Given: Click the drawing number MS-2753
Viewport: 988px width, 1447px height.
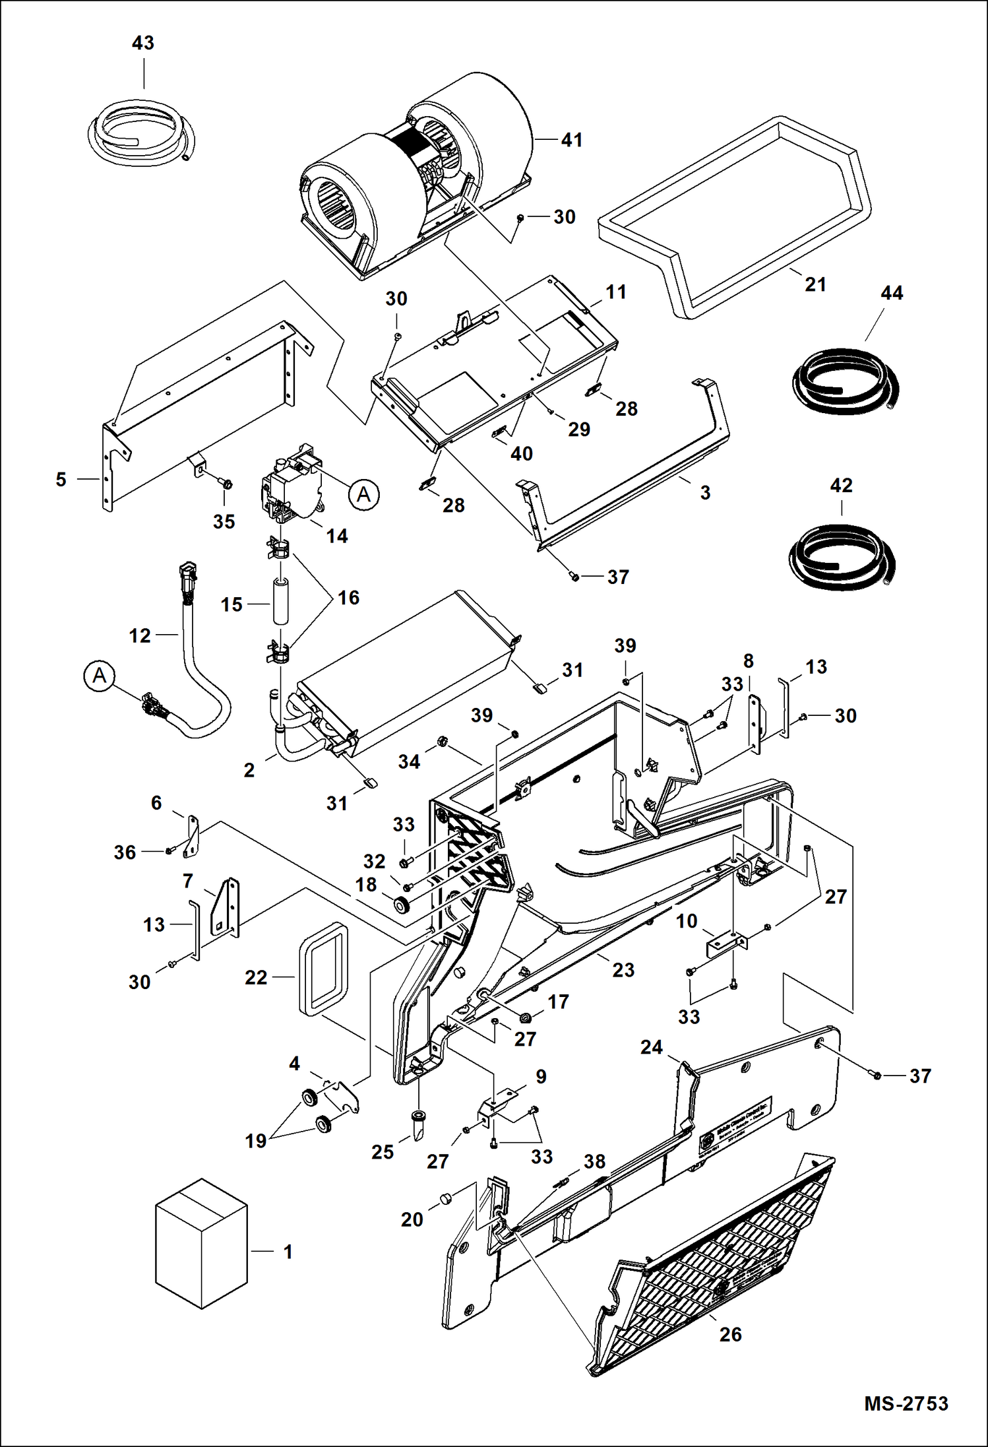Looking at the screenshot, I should (x=906, y=1403).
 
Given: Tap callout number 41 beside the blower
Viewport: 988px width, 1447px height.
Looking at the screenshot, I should (x=571, y=140).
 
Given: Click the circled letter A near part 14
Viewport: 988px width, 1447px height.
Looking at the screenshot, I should (x=364, y=494).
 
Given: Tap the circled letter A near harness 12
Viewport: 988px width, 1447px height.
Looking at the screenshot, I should (x=100, y=676).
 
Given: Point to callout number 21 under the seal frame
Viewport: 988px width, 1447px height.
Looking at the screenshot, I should (x=815, y=284).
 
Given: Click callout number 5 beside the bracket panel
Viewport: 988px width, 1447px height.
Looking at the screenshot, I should (x=61, y=479).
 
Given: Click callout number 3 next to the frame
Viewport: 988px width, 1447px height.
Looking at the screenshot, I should (x=705, y=492).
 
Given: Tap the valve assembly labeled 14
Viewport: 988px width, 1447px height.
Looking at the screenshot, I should (x=290, y=485).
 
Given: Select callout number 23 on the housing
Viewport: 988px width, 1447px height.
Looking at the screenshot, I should (x=623, y=970).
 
